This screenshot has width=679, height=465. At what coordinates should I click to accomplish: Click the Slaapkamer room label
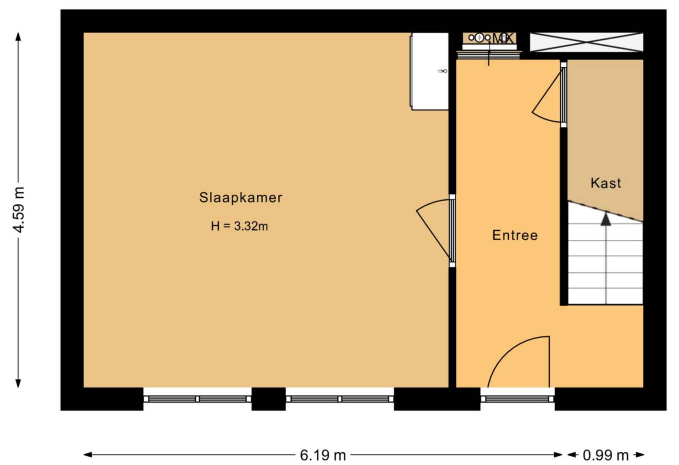(241, 198)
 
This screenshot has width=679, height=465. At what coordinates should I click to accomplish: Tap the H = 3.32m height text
(239, 226)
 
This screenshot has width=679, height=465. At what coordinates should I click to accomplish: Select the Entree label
(515, 235)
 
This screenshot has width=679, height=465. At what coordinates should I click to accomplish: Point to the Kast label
(606, 183)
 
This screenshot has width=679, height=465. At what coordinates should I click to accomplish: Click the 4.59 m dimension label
(19, 210)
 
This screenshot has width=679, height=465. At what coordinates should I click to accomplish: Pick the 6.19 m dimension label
(323, 455)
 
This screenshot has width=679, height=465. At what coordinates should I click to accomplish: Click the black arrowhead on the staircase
(606, 219)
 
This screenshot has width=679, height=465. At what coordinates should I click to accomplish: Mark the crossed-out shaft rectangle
(586, 42)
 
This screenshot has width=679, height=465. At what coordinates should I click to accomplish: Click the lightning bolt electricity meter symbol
(479, 38)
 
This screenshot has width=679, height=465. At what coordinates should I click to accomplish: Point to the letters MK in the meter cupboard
(502, 39)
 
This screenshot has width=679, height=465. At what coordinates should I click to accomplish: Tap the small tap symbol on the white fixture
(442, 71)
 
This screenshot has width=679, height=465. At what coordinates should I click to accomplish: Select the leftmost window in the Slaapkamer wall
(197, 399)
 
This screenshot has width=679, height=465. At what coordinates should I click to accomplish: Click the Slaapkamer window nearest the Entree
(340, 399)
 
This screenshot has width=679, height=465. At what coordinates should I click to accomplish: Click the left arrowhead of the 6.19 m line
(88, 455)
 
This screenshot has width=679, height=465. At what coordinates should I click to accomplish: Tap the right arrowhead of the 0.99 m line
(640, 455)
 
